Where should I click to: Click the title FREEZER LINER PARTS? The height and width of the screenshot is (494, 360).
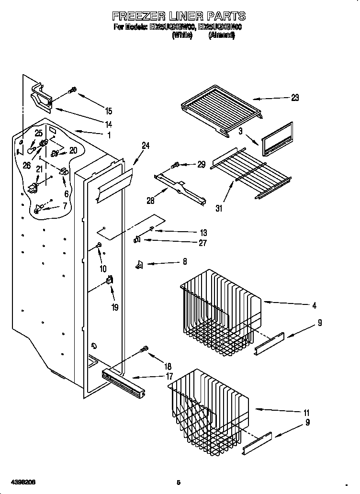click(179, 16)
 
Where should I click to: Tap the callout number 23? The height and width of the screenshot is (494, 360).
click(294, 98)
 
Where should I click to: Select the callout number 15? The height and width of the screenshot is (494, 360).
click(109, 111)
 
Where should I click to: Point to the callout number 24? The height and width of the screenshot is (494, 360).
click(146, 146)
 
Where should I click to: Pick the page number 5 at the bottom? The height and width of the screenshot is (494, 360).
click(178, 482)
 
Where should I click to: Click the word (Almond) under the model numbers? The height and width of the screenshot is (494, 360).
click(221, 35)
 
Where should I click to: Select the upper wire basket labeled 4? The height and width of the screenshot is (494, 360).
click(220, 306)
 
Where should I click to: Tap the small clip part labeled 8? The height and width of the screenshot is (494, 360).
click(140, 264)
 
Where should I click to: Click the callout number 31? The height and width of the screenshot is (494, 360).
click(219, 208)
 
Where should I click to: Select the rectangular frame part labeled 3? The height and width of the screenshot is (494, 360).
click(277, 139)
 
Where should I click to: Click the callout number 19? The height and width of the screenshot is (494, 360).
click(114, 307)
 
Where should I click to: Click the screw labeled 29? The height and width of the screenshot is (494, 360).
click(175, 165)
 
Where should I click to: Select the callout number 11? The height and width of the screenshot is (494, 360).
click(306, 413)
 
